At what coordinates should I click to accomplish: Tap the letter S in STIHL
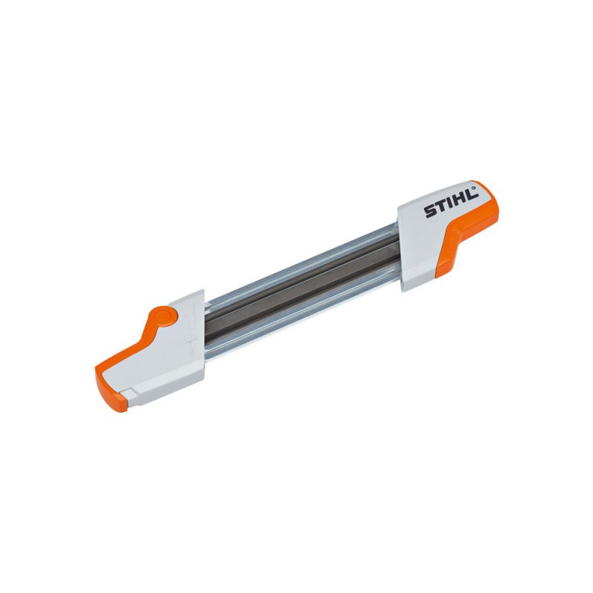pos(430,213)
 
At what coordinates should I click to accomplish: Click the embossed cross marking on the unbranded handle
pos(188,345)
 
